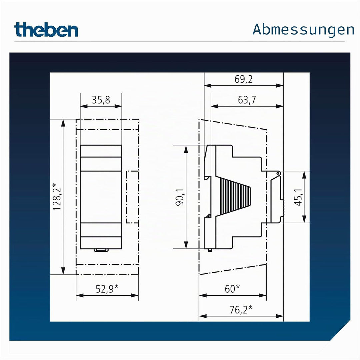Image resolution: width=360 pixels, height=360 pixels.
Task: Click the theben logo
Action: [x=46, y=30]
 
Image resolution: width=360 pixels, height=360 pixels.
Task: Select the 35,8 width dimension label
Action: [x=101, y=100]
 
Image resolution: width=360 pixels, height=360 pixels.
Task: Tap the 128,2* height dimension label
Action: [x=57, y=197]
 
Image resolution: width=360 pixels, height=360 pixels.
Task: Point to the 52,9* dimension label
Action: [x=107, y=289]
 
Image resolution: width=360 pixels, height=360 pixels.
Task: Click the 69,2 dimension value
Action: [x=244, y=79]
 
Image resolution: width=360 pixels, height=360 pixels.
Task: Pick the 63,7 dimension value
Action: [x=247, y=100]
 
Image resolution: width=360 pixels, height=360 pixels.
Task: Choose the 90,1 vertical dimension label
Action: [x=180, y=197]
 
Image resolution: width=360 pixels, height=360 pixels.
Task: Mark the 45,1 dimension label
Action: [x=298, y=197]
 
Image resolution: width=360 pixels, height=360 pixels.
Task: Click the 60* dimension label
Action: [x=232, y=289]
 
